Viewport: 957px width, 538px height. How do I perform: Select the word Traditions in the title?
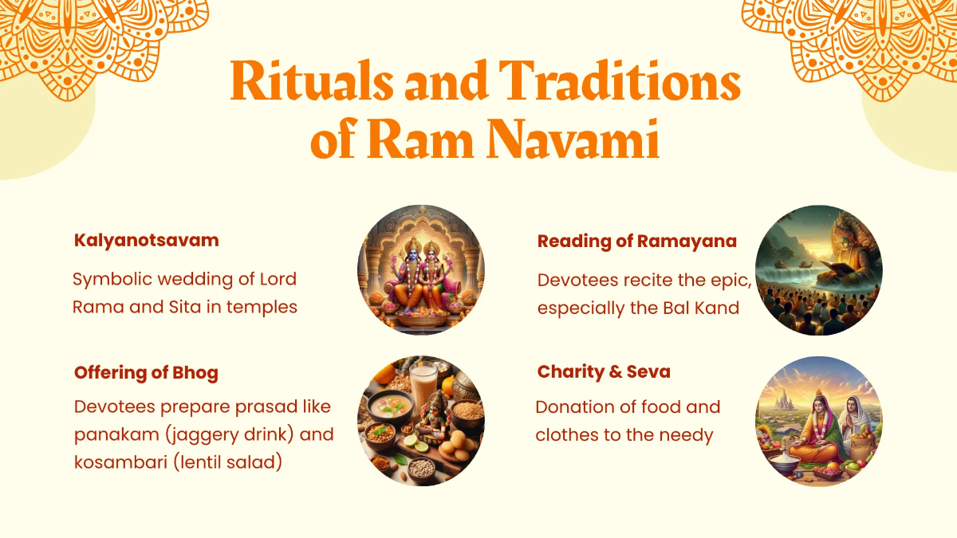[x=619, y=81]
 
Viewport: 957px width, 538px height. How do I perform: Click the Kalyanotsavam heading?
[x=146, y=240]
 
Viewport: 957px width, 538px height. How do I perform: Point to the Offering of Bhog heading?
[x=146, y=372]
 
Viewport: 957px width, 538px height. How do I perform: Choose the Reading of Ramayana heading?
[x=636, y=241]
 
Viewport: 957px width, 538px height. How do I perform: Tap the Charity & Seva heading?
[x=604, y=371]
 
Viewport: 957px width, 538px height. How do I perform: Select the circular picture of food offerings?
[x=420, y=422]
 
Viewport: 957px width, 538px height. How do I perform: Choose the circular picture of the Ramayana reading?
[x=819, y=269]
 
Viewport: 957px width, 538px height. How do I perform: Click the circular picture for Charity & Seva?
[x=819, y=422]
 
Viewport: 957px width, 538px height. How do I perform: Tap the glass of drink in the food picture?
[x=423, y=382]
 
